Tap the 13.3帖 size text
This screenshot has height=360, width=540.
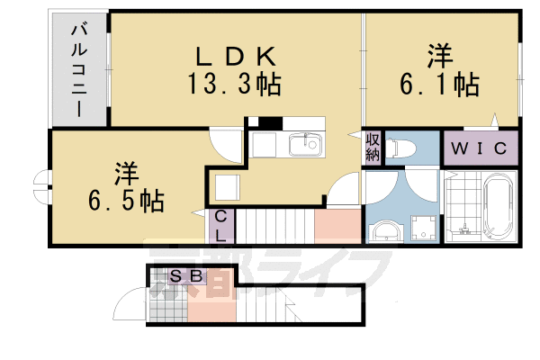tap(234, 85)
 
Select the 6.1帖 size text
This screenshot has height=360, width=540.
tap(439, 85)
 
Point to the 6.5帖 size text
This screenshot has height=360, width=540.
tap(125, 200)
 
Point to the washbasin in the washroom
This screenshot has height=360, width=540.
tap(384, 229)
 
